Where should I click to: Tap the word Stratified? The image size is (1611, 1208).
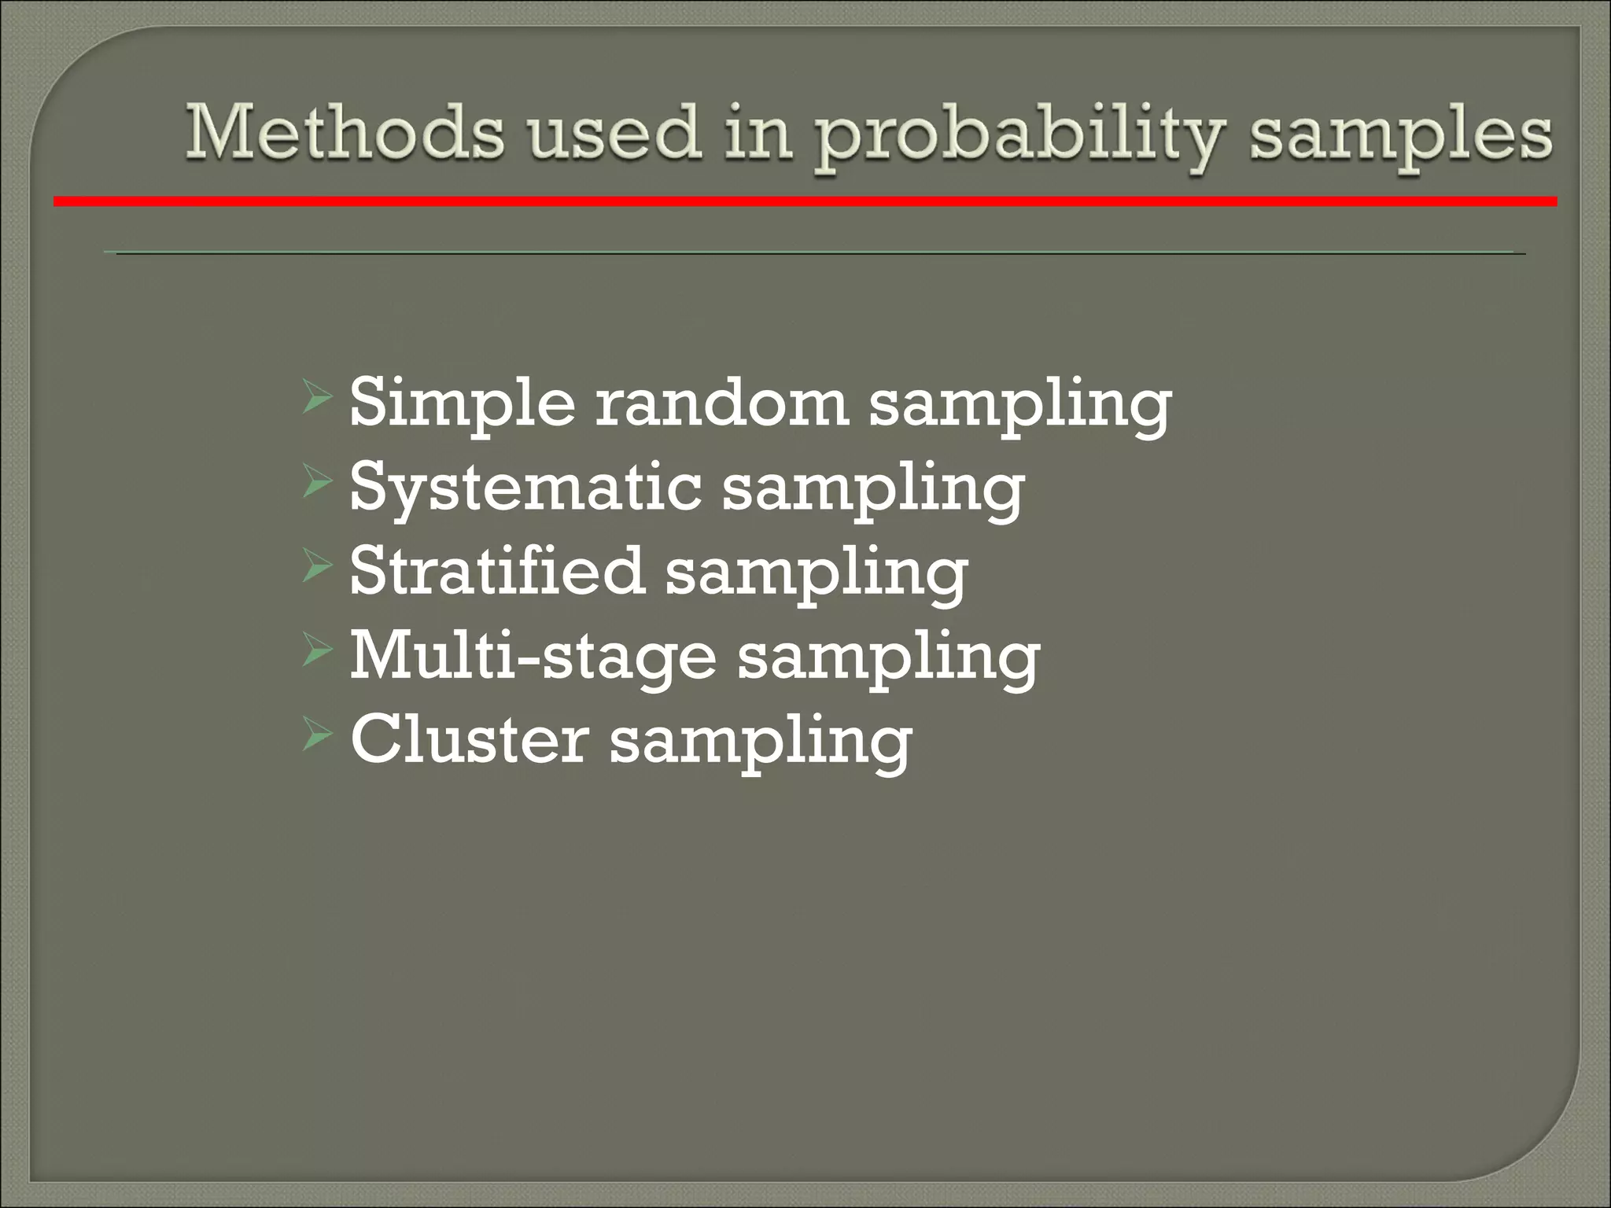point(496,572)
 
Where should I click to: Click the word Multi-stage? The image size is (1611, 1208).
point(532,657)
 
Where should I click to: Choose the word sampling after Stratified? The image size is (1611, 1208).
point(816,575)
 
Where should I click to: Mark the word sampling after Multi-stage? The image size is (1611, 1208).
point(888,659)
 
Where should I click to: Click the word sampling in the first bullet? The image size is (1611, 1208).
point(1019,406)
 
